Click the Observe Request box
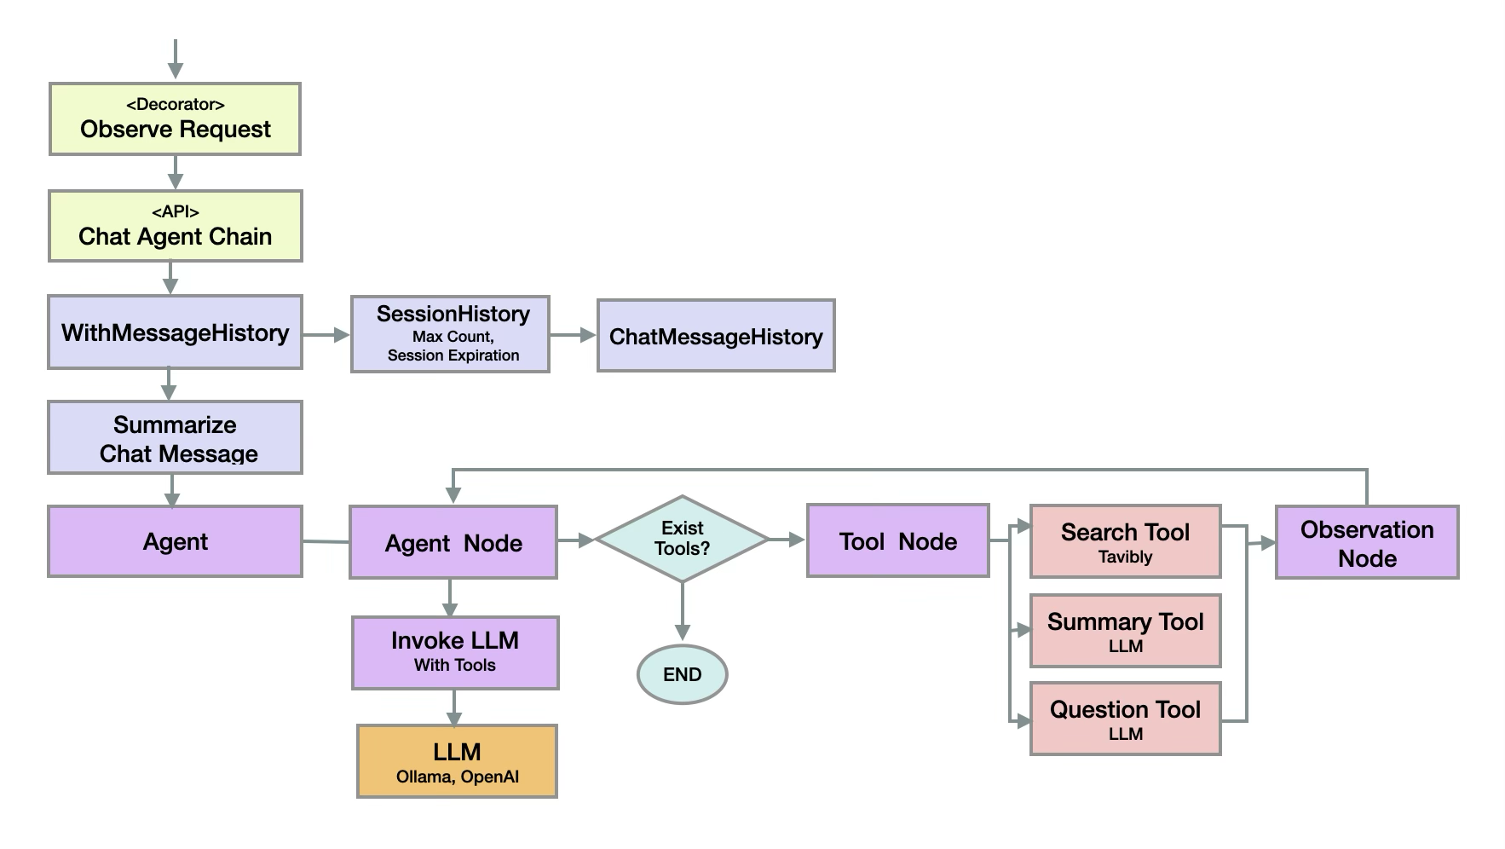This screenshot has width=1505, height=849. (x=175, y=119)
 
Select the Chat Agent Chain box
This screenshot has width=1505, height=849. (x=175, y=226)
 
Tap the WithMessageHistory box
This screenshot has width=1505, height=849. (x=175, y=332)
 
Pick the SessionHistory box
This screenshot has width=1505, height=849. (x=450, y=334)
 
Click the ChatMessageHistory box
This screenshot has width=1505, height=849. (x=716, y=336)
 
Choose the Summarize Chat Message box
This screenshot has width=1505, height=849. (x=175, y=438)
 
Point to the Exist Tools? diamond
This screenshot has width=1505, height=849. (x=682, y=539)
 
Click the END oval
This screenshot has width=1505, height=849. (x=682, y=674)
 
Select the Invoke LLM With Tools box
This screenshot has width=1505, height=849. (x=455, y=653)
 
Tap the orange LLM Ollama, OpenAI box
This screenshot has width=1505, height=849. (x=457, y=761)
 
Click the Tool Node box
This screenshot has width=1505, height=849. (x=897, y=541)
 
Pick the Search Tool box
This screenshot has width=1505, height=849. (x=1125, y=541)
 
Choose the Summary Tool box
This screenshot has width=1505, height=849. (x=1125, y=631)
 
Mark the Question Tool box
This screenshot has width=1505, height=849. (x=1125, y=719)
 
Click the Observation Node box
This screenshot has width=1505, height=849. (x=1367, y=543)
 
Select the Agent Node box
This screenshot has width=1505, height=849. (x=453, y=543)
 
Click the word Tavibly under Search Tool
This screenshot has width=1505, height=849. (x=1125, y=557)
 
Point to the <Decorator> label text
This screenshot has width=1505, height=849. (x=175, y=105)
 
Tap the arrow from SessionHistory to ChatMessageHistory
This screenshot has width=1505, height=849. (x=573, y=335)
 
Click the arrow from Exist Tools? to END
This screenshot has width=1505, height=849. (x=682, y=612)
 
